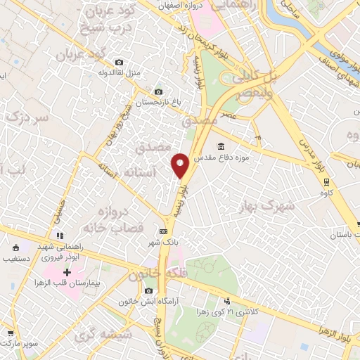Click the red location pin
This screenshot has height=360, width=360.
tap(181, 165)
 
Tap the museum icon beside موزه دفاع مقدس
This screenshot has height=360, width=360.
tap(221, 146)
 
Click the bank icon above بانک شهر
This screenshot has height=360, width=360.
tap(164, 231)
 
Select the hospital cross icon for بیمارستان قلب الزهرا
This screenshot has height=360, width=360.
tap(67, 271)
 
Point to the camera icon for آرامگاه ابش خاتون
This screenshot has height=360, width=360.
tap(148, 291)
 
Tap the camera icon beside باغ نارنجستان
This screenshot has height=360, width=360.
tap(157, 92)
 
